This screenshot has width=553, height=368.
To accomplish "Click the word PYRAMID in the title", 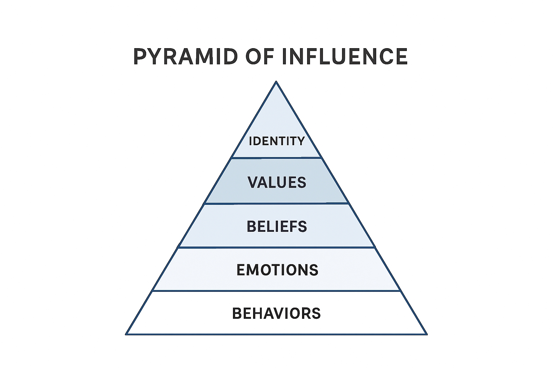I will tap(185, 56).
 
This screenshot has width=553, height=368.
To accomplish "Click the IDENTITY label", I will tap(277, 141).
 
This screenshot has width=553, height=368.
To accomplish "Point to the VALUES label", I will tap(277, 183).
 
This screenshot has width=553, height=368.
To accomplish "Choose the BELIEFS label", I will tap(277, 226).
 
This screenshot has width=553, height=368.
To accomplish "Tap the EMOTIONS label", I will tap(277, 270).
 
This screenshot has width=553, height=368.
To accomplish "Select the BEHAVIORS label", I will tap(276, 313).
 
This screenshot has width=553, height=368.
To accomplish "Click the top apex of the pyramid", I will tap(276, 82).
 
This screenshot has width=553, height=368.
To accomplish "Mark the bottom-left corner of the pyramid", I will tap(126, 334).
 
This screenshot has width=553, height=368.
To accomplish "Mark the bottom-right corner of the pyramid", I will tap(427, 334).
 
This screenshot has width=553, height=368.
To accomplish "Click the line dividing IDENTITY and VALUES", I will tap(276, 157).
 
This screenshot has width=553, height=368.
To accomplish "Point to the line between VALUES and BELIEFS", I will tap(276, 203).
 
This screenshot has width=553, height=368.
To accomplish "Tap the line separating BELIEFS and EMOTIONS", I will tap(276, 247).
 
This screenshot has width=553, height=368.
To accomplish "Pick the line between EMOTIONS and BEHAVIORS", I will tap(276, 291).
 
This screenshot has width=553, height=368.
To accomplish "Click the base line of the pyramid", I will tap(276, 334).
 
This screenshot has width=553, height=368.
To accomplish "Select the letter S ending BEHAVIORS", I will tap(316, 313).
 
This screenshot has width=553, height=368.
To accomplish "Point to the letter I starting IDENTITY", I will tap(251, 141).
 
